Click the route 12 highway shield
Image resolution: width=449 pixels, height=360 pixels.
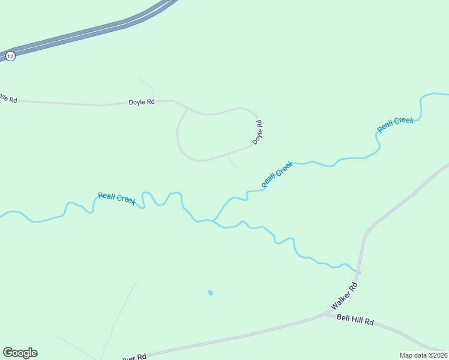coord(10,56)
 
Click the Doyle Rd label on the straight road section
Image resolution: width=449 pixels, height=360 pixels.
coord(142,102)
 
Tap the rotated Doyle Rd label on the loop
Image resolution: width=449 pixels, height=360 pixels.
coord(258,132)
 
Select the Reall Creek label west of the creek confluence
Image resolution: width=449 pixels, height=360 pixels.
coord(117,198)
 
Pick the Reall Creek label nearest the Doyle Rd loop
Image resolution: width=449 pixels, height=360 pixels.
coord(277,174)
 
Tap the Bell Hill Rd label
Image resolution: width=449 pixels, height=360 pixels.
coord(355,321)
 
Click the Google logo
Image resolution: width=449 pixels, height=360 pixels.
coord(20,353)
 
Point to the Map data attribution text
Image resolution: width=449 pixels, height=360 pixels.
coord(423,355)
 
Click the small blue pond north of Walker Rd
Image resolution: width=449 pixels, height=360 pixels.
coord(210,293)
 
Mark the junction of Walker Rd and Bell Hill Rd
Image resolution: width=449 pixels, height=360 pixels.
coord(326,313)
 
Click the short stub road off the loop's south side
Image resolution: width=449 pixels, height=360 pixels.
coord(232,161)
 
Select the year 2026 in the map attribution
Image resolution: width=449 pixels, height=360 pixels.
coord(438,355)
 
